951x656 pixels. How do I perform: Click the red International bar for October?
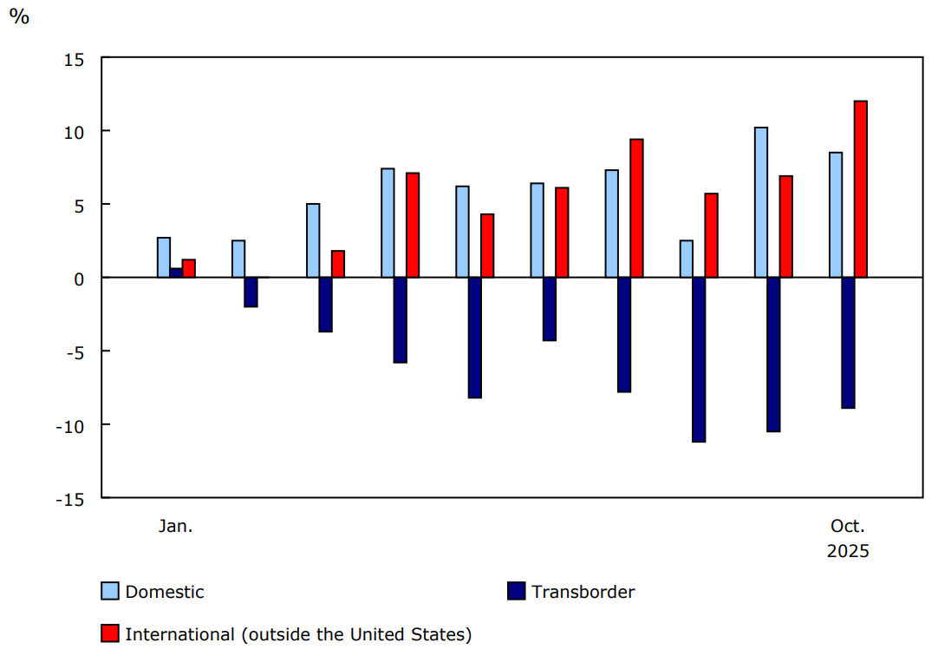[860, 189]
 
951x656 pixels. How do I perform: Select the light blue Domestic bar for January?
[164, 258]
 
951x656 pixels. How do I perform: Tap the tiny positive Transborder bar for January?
[176, 272]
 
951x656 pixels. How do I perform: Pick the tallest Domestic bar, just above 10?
[760, 202]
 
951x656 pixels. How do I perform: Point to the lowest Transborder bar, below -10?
[699, 359]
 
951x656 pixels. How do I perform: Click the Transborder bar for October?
[848, 343]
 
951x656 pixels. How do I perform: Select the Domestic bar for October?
[836, 215]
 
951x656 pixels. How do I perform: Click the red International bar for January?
[188, 268]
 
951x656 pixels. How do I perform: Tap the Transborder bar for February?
[251, 292]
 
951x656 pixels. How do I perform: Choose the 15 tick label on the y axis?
[73, 58]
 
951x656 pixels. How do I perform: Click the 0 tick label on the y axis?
[79, 279]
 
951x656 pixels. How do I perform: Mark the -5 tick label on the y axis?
[73, 352]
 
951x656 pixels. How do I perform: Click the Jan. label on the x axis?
[175, 526]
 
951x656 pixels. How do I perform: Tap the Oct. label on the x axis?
[848, 526]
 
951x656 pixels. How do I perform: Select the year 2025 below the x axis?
[848, 551]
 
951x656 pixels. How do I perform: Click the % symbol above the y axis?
[19, 16]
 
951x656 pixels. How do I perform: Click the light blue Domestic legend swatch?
[110, 592]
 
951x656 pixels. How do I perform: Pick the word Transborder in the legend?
[583, 592]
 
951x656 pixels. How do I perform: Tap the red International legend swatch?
[110, 634]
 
